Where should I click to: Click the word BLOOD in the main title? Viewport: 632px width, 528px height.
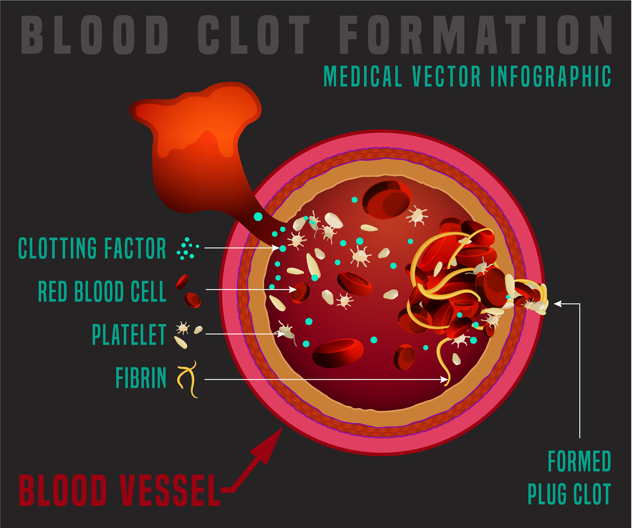pyautogui.click(x=94, y=35)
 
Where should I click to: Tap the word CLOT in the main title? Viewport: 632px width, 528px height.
pyautogui.click(x=254, y=35)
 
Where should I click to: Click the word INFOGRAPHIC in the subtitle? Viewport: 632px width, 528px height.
pyautogui.click(x=551, y=76)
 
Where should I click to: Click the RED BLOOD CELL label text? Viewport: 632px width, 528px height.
pyautogui.click(x=102, y=291)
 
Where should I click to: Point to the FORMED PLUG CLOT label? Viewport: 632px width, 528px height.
pyautogui.click(x=570, y=477)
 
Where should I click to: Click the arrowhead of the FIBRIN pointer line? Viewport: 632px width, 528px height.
pyautogui.click(x=445, y=379)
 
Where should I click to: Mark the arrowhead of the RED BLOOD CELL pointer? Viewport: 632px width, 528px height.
pyautogui.click(x=293, y=289)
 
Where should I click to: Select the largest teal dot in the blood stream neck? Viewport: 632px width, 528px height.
pyautogui.click(x=258, y=216)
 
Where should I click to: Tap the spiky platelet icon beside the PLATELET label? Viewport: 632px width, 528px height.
pyautogui.click(x=183, y=328)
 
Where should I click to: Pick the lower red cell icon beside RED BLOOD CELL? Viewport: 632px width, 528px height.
pyautogui.click(x=192, y=300)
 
